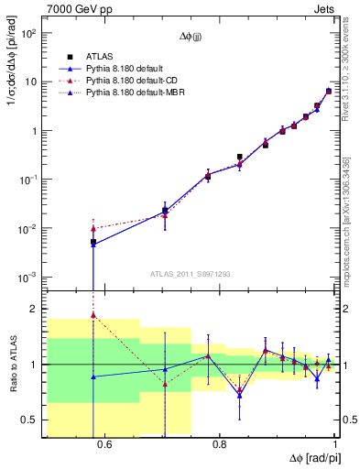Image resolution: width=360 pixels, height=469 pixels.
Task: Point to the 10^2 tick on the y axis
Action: coord(29,34)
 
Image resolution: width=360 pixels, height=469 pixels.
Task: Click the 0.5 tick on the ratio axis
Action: coord(32,420)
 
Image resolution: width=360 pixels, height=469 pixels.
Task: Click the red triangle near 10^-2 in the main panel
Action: coord(93,228)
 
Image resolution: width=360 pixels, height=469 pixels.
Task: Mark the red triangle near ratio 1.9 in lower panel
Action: coord(93,315)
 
